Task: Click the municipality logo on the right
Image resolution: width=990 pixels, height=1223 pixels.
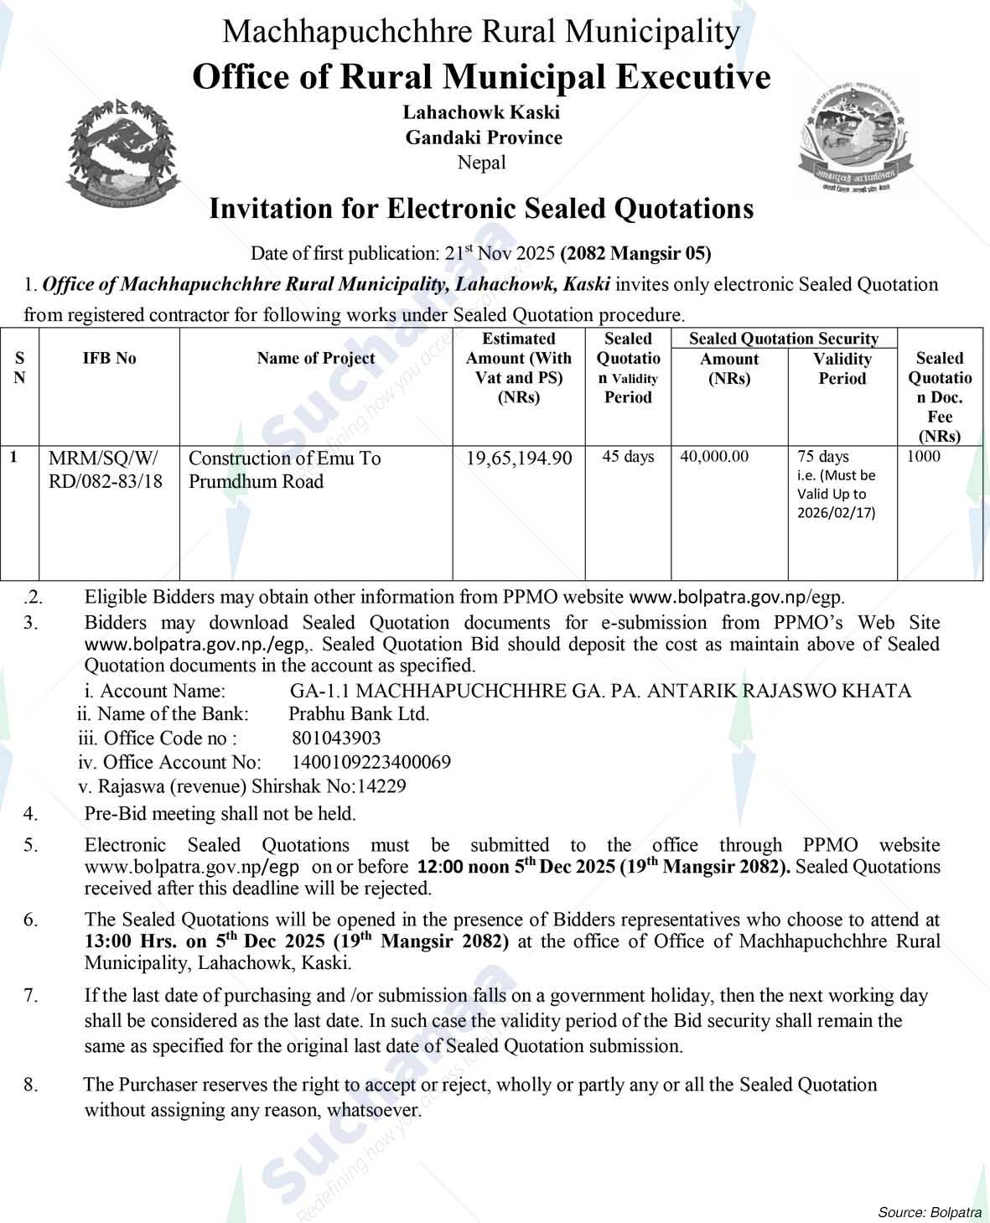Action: [x=853, y=137]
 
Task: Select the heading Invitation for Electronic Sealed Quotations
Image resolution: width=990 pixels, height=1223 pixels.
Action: [x=481, y=208]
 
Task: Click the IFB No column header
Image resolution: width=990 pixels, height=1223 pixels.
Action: [x=109, y=358]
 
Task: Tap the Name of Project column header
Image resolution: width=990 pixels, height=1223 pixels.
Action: [x=316, y=358]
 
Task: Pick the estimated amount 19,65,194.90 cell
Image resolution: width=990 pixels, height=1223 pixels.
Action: [x=519, y=458]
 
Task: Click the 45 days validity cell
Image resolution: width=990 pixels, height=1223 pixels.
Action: [x=628, y=457]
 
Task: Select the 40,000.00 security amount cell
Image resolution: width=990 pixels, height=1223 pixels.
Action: [x=715, y=457]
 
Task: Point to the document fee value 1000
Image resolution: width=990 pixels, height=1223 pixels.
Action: [x=923, y=457]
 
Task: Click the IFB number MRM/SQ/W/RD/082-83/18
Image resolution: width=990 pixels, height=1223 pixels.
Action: [x=106, y=469]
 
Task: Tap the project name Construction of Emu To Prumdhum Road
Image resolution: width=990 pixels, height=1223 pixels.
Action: [x=284, y=469]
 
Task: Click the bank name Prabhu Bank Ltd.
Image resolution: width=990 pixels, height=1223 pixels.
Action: [x=359, y=714]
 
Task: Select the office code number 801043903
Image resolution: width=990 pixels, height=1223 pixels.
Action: [x=336, y=738]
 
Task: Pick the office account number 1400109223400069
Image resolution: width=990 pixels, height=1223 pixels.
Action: [x=371, y=762]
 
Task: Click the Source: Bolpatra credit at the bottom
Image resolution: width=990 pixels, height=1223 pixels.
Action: [x=929, y=1212]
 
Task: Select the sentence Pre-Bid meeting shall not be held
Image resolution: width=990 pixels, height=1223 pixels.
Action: [x=220, y=813]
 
